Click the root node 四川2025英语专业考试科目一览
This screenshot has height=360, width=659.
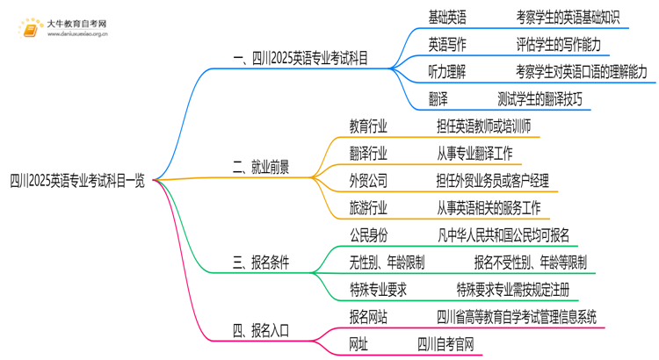[x=76, y=181]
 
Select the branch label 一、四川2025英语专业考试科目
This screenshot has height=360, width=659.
[x=301, y=59]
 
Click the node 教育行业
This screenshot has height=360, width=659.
[x=368, y=127]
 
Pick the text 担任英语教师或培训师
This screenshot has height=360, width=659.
[x=482, y=127]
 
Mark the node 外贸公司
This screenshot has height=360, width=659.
[x=368, y=181]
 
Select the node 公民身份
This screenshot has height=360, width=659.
[x=368, y=235]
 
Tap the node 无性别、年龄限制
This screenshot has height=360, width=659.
[x=387, y=262]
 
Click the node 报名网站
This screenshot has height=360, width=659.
[x=368, y=316]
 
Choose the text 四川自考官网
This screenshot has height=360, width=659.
[x=446, y=343]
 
